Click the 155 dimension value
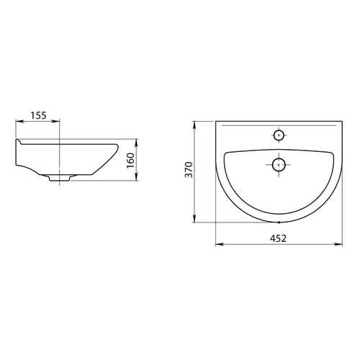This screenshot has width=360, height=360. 38,115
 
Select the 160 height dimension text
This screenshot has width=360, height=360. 130,161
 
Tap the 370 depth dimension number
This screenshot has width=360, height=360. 189,170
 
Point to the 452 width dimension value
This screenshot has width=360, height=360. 279,238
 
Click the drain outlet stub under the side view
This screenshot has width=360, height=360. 59,178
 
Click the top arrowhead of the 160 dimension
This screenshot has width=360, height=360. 136,143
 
